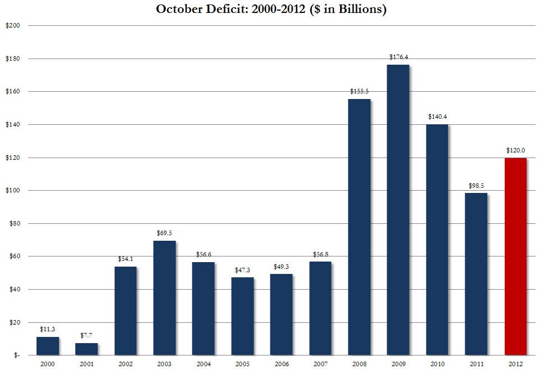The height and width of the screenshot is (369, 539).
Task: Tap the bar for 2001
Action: pos(87,349)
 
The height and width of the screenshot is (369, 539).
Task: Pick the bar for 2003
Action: pos(164,298)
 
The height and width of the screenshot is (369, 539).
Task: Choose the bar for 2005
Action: pos(242,316)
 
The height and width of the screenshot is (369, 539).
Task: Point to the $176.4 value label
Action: pos(398,57)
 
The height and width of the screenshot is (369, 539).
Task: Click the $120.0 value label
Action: pos(515,150)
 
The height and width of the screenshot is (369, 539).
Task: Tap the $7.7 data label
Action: pos(87,335)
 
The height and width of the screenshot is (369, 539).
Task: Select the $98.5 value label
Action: pos(476,186)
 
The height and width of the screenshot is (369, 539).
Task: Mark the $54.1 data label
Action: pos(125,259)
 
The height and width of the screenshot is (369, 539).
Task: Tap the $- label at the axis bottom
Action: pos(16,355)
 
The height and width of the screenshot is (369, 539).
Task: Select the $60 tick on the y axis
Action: pos(14,256)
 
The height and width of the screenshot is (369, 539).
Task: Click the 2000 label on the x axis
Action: pos(47,363)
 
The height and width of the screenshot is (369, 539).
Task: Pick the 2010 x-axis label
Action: pos(437,363)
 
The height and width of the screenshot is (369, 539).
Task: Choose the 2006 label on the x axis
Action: pos(281,363)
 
